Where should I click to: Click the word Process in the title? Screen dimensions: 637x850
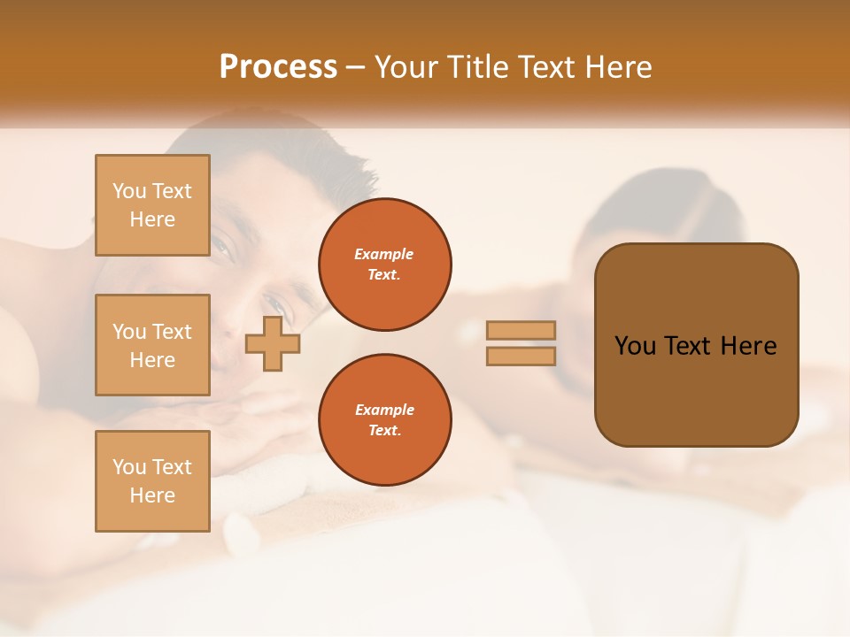(278, 67)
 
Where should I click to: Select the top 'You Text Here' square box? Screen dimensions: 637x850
(152, 205)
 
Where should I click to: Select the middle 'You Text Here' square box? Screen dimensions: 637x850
(152, 345)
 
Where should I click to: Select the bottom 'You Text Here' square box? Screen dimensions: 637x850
(152, 481)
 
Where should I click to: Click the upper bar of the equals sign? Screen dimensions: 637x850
(521, 330)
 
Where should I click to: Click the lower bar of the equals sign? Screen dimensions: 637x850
(521, 356)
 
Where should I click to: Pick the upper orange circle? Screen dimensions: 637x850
(384, 265)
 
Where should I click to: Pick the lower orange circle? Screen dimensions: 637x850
(384, 420)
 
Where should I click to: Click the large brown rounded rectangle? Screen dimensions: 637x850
(696, 345)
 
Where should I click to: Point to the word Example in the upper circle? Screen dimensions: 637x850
(384, 254)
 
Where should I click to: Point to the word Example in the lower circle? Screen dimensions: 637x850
(384, 410)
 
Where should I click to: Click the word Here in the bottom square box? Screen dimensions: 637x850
(152, 495)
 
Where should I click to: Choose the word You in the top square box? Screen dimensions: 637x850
(129, 191)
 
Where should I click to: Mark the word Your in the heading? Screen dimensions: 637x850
(406, 67)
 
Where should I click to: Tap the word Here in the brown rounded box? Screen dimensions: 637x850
(748, 346)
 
